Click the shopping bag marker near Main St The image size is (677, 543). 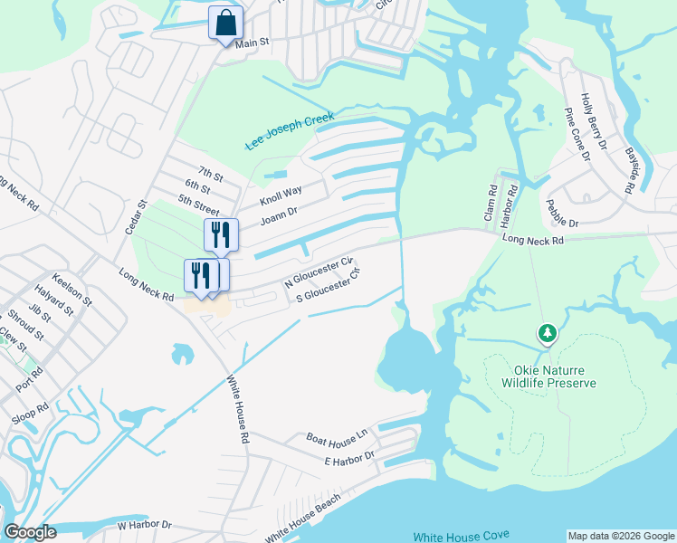[225, 23]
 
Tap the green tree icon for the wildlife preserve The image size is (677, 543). [547, 334]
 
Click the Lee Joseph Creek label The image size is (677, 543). [290, 131]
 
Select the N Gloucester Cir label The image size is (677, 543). [318, 271]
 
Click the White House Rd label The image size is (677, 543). [237, 409]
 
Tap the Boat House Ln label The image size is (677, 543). [337, 436]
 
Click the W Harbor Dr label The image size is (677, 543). [144, 524]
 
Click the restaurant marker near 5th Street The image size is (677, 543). [221, 234]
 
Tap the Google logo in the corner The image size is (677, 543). [30, 531]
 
